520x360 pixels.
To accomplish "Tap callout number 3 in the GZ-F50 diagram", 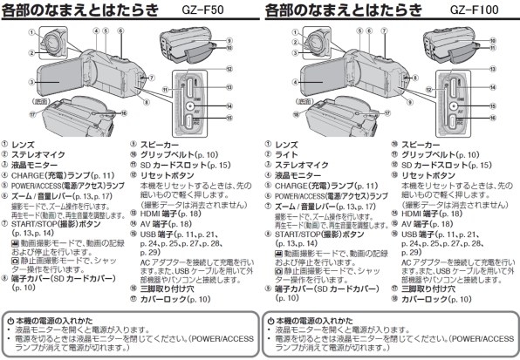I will tap(31, 83).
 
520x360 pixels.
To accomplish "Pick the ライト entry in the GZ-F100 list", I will tap(286, 154).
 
